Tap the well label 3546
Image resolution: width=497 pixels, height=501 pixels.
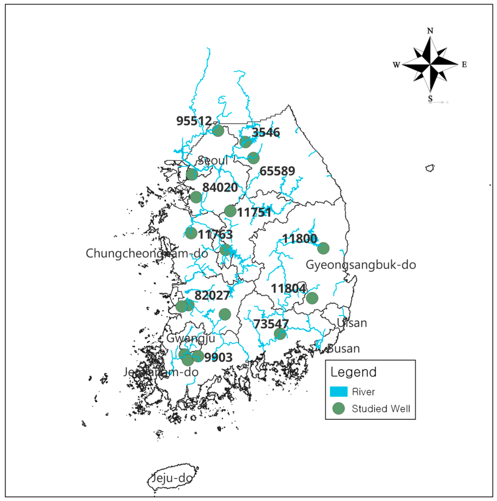click(266, 132)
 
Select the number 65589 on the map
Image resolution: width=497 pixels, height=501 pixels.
click(277, 171)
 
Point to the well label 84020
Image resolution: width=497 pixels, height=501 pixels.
click(220, 187)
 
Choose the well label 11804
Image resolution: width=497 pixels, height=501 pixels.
click(289, 288)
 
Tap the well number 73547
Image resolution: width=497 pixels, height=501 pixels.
click(271, 324)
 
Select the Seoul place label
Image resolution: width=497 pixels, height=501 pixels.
click(213, 161)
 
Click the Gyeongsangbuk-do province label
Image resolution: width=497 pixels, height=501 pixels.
click(361, 265)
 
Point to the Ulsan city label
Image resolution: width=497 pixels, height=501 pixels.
click(352, 323)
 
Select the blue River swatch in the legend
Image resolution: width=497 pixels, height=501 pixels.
click(339, 392)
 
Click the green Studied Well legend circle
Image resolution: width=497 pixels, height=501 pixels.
click(339, 408)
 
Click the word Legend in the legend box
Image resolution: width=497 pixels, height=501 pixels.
click(354, 372)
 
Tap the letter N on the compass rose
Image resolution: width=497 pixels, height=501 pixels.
click(430, 31)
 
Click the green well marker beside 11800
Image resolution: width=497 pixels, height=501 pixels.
click(323, 248)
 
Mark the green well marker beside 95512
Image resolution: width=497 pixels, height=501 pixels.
click(218, 130)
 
